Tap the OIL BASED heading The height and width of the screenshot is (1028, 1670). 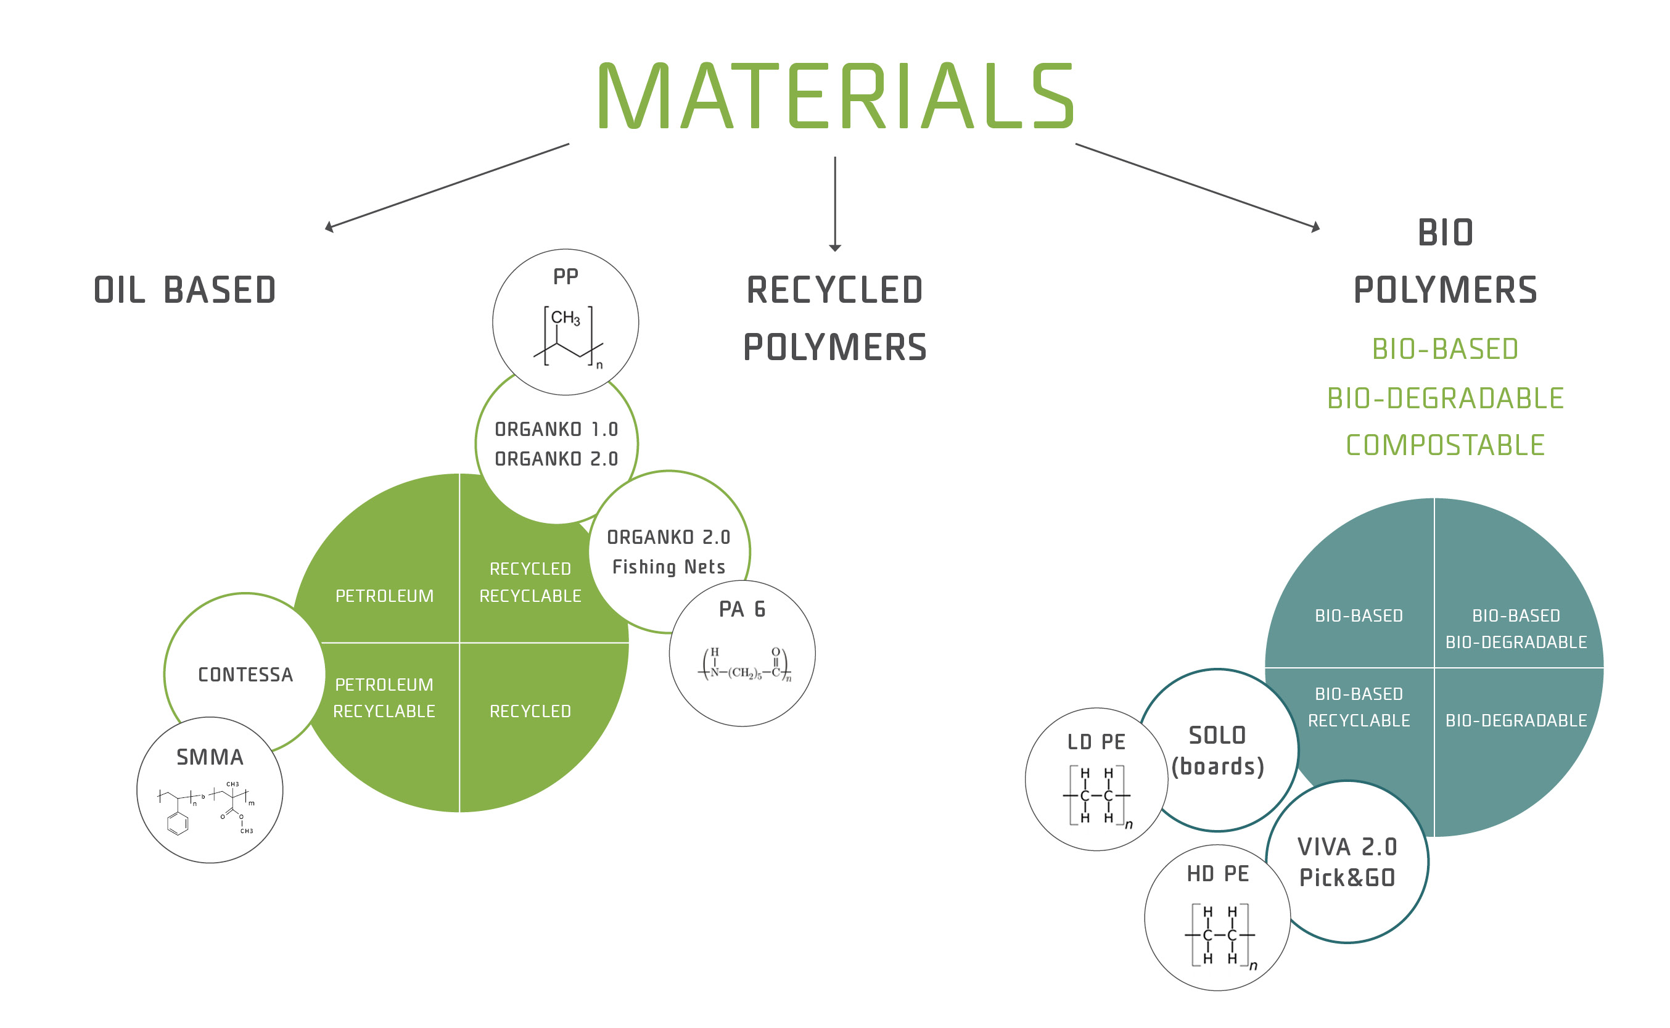(x=185, y=290)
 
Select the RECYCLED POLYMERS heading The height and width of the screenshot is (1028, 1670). (x=836, y=318)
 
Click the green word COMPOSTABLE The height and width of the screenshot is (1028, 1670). (x=1445, y=445)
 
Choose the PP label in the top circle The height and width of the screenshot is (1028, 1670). (x=566, y=277)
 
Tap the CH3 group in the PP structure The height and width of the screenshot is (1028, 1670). (x=566, y=318)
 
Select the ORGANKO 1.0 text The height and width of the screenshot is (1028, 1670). (x=556, y=430)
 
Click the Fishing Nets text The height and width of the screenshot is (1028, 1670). (x=669, y=567)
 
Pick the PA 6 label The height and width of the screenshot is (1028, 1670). (x=742, y=609)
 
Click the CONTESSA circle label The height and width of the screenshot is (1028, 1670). (x=245, y=675)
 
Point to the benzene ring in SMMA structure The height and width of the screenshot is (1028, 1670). (x=178, y=823)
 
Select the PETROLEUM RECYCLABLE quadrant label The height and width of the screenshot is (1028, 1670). (x=384, y=697)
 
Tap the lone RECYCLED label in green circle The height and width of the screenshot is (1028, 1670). (x=530, y=711)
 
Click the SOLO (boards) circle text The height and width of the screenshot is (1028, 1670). (x=1217, y=751)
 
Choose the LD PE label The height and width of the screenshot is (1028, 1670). (x=1096, y=742)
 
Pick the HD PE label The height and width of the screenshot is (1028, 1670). (x=1218, y=874)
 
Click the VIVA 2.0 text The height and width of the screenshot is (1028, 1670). (x=1347, y=847)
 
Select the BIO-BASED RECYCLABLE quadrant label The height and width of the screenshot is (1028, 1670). (x=1359, y=707)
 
